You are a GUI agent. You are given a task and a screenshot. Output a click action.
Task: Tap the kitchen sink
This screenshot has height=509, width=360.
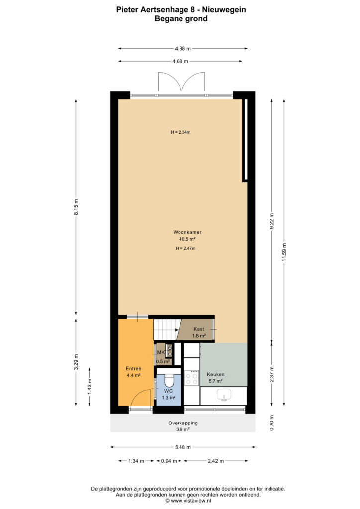coord(224,395)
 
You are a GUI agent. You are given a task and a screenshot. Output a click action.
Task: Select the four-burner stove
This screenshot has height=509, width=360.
coord(191,378)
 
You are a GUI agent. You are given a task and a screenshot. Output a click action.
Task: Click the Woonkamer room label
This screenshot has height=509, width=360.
coord(187,232)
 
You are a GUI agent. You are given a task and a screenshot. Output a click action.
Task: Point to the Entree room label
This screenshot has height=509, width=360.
coord(133,369)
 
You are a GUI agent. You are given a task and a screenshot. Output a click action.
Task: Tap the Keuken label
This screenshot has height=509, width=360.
coord(215,374)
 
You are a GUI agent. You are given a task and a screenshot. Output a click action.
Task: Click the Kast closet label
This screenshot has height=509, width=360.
coord(199,329)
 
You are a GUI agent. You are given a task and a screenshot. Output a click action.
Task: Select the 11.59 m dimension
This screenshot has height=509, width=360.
coord(284,252)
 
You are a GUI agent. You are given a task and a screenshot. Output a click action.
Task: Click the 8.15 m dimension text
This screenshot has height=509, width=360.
coord(76,207)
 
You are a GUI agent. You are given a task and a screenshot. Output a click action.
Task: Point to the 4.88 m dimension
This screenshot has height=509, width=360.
coord(183,49)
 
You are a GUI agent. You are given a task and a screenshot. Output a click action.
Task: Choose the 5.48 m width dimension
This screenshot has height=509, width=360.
coord(183,447)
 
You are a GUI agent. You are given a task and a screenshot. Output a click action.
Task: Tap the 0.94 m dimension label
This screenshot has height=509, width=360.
coord(169,461)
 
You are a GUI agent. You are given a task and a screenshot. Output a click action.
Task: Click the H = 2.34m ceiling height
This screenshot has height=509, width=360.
coord(180,132)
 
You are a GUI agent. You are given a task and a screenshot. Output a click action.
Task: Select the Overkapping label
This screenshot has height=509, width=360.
coord(183,423)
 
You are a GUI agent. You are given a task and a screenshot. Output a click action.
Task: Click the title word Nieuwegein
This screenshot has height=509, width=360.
coord(224,10)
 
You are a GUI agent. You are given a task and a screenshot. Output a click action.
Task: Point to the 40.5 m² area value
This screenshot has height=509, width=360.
coord(187,239)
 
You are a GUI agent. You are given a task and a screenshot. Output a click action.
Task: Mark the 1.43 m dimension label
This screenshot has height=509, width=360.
coord(90,386)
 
